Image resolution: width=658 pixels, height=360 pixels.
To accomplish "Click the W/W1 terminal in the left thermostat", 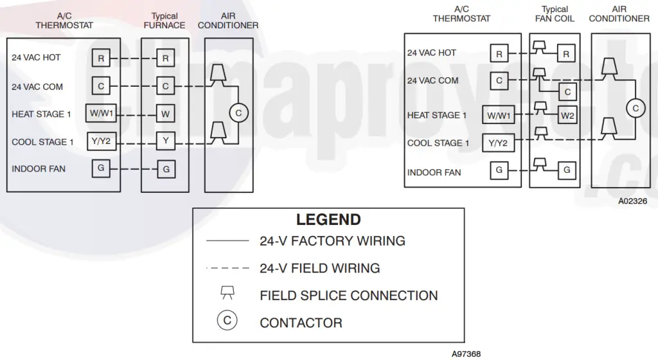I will click(102, 114).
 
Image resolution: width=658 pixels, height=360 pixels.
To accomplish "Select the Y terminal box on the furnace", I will click(165, 141).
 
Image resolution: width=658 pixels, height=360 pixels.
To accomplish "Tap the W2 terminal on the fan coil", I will click(567, 116).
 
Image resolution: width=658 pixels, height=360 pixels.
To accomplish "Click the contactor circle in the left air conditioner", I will click(238, 113).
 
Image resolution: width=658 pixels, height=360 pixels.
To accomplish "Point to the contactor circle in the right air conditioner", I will click(636, 109).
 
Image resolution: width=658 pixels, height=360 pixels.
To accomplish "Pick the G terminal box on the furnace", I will click(165, 170).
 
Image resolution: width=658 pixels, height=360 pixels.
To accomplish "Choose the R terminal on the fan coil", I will click(566, 55).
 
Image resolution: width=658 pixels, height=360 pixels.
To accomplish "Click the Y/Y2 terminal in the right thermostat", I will click(498, 143).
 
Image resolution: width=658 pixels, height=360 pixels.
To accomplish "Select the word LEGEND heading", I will click(328, 220).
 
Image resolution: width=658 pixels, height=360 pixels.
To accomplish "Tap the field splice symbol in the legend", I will click(227, 294).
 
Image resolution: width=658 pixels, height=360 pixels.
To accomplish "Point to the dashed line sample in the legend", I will click(227, 267).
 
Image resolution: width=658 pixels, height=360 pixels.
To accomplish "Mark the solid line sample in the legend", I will click(227, 241).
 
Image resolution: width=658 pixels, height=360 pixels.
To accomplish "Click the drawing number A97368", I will click(466, 354).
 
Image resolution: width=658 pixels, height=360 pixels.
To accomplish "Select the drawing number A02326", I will click(633, 201).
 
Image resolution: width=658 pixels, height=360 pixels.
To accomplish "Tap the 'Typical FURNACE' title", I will click(164, 21).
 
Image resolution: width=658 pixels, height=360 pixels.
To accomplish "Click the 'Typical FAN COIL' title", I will click(555, 14).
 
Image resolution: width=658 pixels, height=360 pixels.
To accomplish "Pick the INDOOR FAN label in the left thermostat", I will click(39, 169).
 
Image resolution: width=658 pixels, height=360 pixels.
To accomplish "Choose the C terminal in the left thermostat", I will click(100, 86).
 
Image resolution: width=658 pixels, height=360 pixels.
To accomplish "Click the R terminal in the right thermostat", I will click(499, 55).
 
